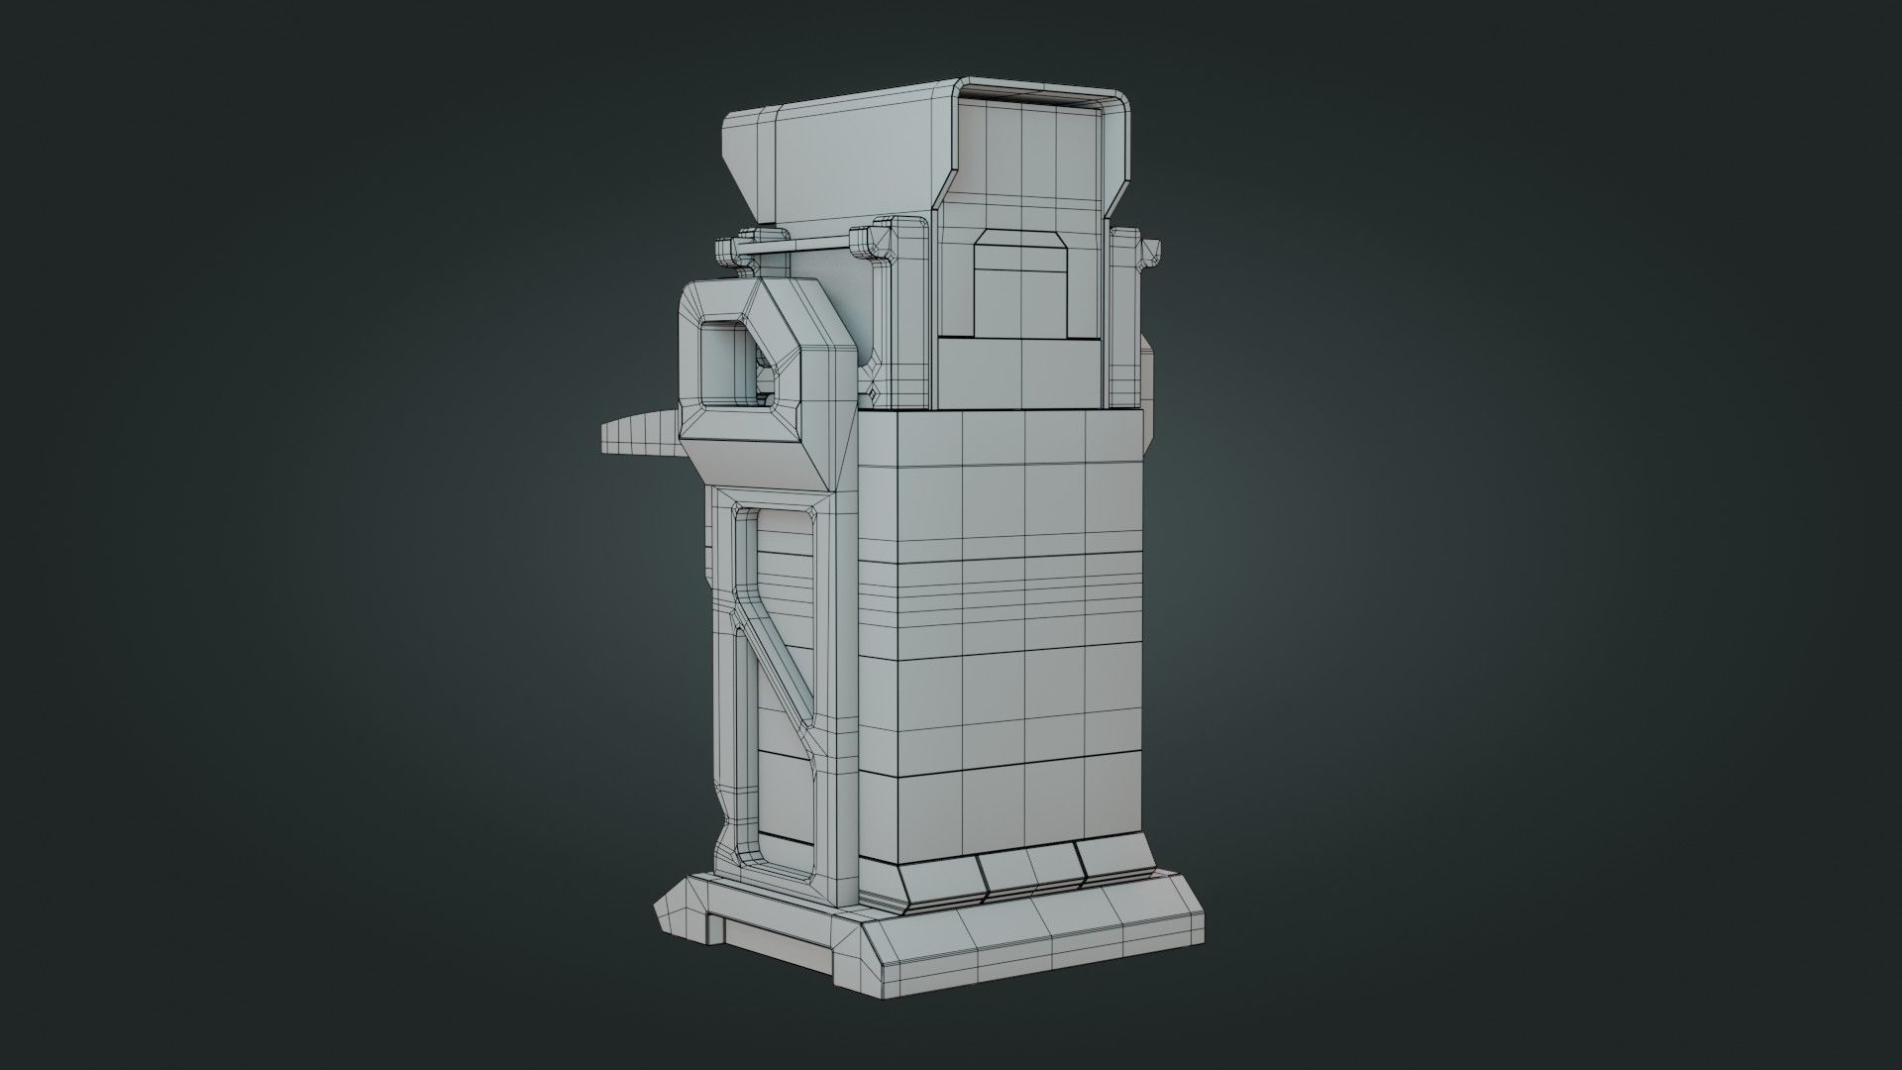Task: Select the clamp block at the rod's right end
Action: pyautogui.click(x=872, y=241)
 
